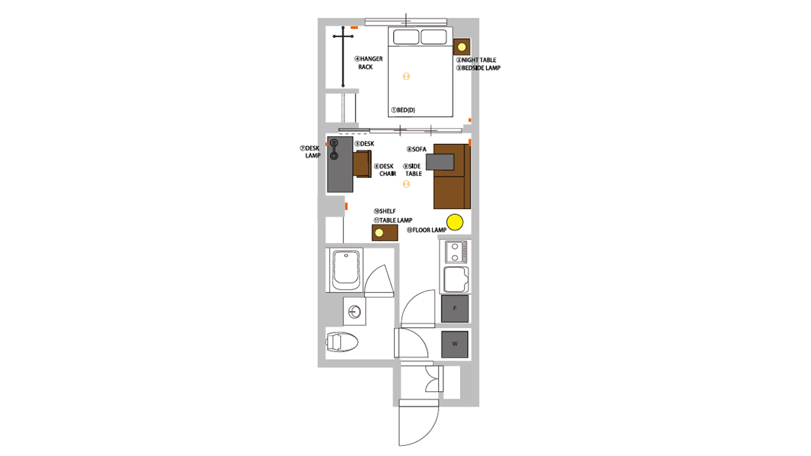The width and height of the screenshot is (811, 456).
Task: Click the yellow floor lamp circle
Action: (x=455, y=222)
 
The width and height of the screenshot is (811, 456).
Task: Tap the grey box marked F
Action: (x=455, y=308)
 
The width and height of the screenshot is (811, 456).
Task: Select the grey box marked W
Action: (x=455, y=344)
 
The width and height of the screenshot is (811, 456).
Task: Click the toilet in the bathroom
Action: (x=342, y=341)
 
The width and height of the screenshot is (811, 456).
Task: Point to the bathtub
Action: (x=347, y=270)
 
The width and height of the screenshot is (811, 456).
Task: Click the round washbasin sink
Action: (x=354, y=312)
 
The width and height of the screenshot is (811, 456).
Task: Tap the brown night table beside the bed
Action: (x=462, y=47)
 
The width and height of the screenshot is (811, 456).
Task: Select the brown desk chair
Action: (x=362, y=164)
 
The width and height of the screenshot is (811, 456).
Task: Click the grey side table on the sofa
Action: (x=440, y=161)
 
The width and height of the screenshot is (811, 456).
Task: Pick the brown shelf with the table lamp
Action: (x=385, y=232)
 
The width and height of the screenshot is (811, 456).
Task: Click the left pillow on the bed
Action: (x=406, y=37)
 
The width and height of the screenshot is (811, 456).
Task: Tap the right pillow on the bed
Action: (x=434, y=37)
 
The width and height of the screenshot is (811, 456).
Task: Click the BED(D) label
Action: (x=403, y=110)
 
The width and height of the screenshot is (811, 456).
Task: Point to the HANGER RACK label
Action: (x=369, y=63)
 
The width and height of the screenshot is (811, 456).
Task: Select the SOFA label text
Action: (x=417, y=149)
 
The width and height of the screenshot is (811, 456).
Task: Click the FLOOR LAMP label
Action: (x=426, y=230)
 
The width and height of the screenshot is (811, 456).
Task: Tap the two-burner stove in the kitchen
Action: (x=456, y=252)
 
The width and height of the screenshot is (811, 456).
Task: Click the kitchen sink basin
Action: (x=456, y=279)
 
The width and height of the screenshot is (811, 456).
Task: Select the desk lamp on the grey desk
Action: (x=334, y=149)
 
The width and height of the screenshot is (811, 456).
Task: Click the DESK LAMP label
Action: (x=310, y=152)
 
